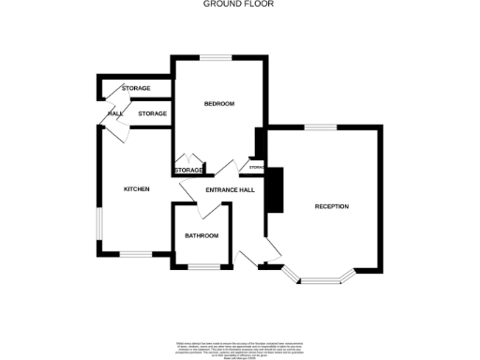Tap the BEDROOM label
[x=218, y=103]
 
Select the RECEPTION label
[x=331, y=206]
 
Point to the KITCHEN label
[x=137, y=189]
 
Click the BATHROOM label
[x=201, y=235]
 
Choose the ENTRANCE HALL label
[x=231, y=190]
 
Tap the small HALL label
[x=115, y=113]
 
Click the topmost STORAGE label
[x=136, y=88]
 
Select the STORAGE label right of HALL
[x=152, y=113]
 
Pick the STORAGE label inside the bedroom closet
[x=188, y=170]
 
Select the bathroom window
[x=201, y=268]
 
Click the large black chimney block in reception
[x=275, y=191]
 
